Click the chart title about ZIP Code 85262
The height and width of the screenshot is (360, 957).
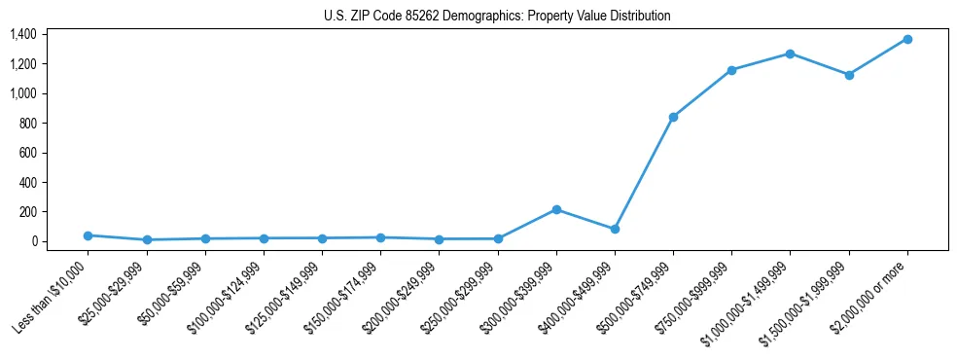497,17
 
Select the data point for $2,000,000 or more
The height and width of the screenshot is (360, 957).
906,39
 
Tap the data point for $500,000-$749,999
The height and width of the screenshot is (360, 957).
673,117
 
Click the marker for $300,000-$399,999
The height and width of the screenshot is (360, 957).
556,209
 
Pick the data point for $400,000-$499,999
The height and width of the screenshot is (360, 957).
615,230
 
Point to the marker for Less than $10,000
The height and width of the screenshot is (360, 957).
88,235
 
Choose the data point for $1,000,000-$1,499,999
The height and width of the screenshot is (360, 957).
790,54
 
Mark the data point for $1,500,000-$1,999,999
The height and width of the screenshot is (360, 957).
848,75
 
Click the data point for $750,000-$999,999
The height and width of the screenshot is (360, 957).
731,70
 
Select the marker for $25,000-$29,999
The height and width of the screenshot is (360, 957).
146,239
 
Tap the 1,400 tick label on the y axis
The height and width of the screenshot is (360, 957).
23,35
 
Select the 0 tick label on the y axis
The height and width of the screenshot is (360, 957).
34,241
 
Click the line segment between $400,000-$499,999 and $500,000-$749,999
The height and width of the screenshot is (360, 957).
644,173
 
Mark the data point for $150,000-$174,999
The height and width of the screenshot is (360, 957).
380,237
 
